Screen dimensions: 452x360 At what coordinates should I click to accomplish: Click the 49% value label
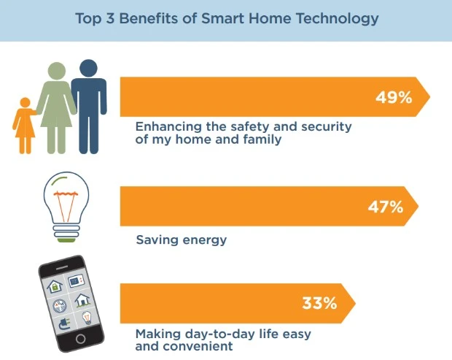coord(394,97)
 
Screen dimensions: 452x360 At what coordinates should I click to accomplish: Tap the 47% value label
coord(386,207)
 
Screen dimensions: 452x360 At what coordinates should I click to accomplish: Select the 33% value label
coord(320,303)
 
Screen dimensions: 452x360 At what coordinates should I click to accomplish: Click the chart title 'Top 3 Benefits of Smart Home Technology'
coord(227,18)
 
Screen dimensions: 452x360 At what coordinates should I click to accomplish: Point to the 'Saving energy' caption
coord(182,240)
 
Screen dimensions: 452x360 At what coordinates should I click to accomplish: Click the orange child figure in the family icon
coord(25,126)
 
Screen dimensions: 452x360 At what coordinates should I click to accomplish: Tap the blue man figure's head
coord(88,69)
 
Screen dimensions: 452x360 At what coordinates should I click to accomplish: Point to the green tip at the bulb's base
coord(66,240)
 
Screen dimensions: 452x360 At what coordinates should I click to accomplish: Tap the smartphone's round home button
coord(80,338)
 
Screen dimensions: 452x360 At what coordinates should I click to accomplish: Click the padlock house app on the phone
coord(55,286)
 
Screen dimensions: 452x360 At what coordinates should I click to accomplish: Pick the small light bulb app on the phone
coord(87,318)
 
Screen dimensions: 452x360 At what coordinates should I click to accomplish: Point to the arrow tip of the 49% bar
coord(430,97)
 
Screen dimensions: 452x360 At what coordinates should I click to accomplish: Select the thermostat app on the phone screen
coord(76,280)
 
